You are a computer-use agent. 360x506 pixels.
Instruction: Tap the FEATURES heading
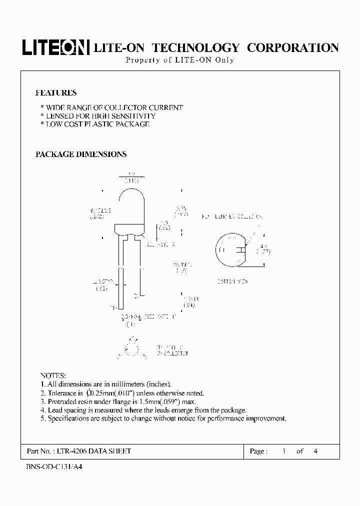coord(56,93)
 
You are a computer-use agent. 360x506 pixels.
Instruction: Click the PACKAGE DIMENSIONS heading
coord(81,154)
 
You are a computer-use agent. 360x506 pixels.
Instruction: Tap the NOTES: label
coord(53,375)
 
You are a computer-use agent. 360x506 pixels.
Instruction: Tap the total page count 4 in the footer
coord(315,451)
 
